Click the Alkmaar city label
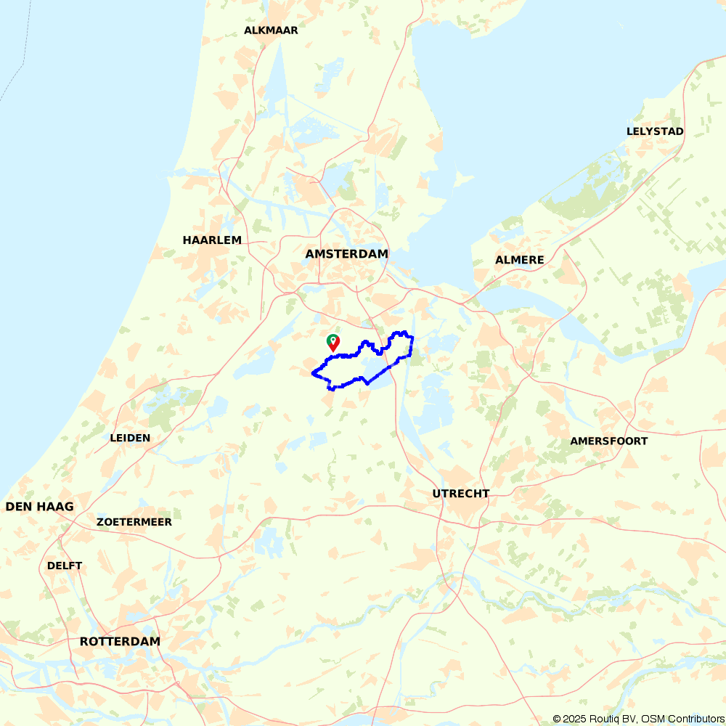point(271,30)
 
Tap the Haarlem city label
point(212,240)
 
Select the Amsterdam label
point(346,254)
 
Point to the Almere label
point(519,260)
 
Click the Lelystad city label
point(655,131)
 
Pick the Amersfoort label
point(608,441)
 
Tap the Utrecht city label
point(460,494)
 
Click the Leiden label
point(130,438)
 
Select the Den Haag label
point(40,507)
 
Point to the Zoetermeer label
point(134,522)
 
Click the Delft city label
point(65,566)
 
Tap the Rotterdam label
point(120,642)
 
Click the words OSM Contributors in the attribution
point(682,719)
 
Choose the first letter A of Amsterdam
point(310,254)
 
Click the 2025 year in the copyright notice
point(574,719)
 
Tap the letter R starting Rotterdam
point(84,642)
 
